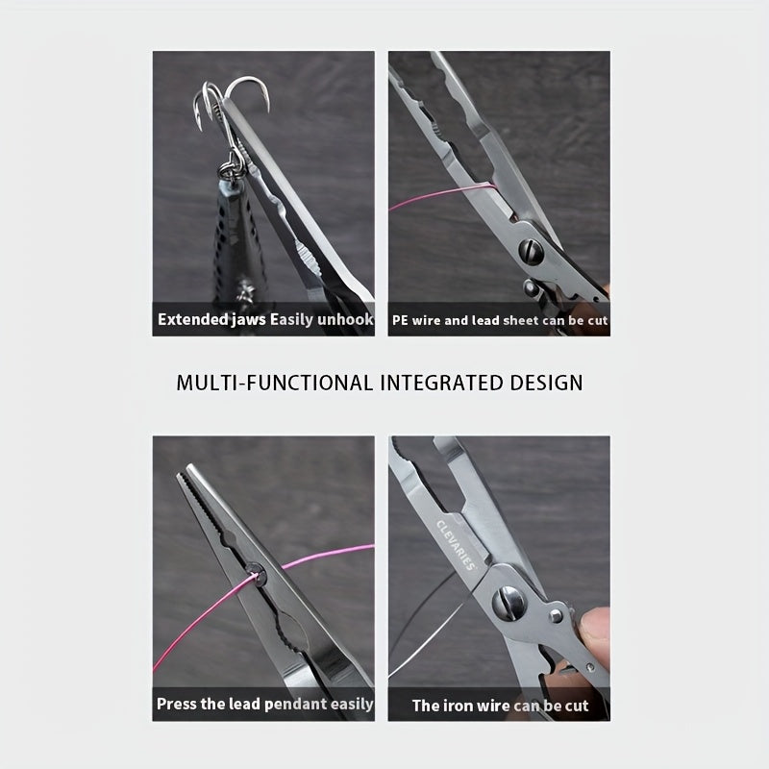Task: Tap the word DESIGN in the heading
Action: point(543,383)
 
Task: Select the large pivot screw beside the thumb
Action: point(510,607)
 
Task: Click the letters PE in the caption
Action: point(402,320)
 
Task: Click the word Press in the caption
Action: point(179,705)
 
